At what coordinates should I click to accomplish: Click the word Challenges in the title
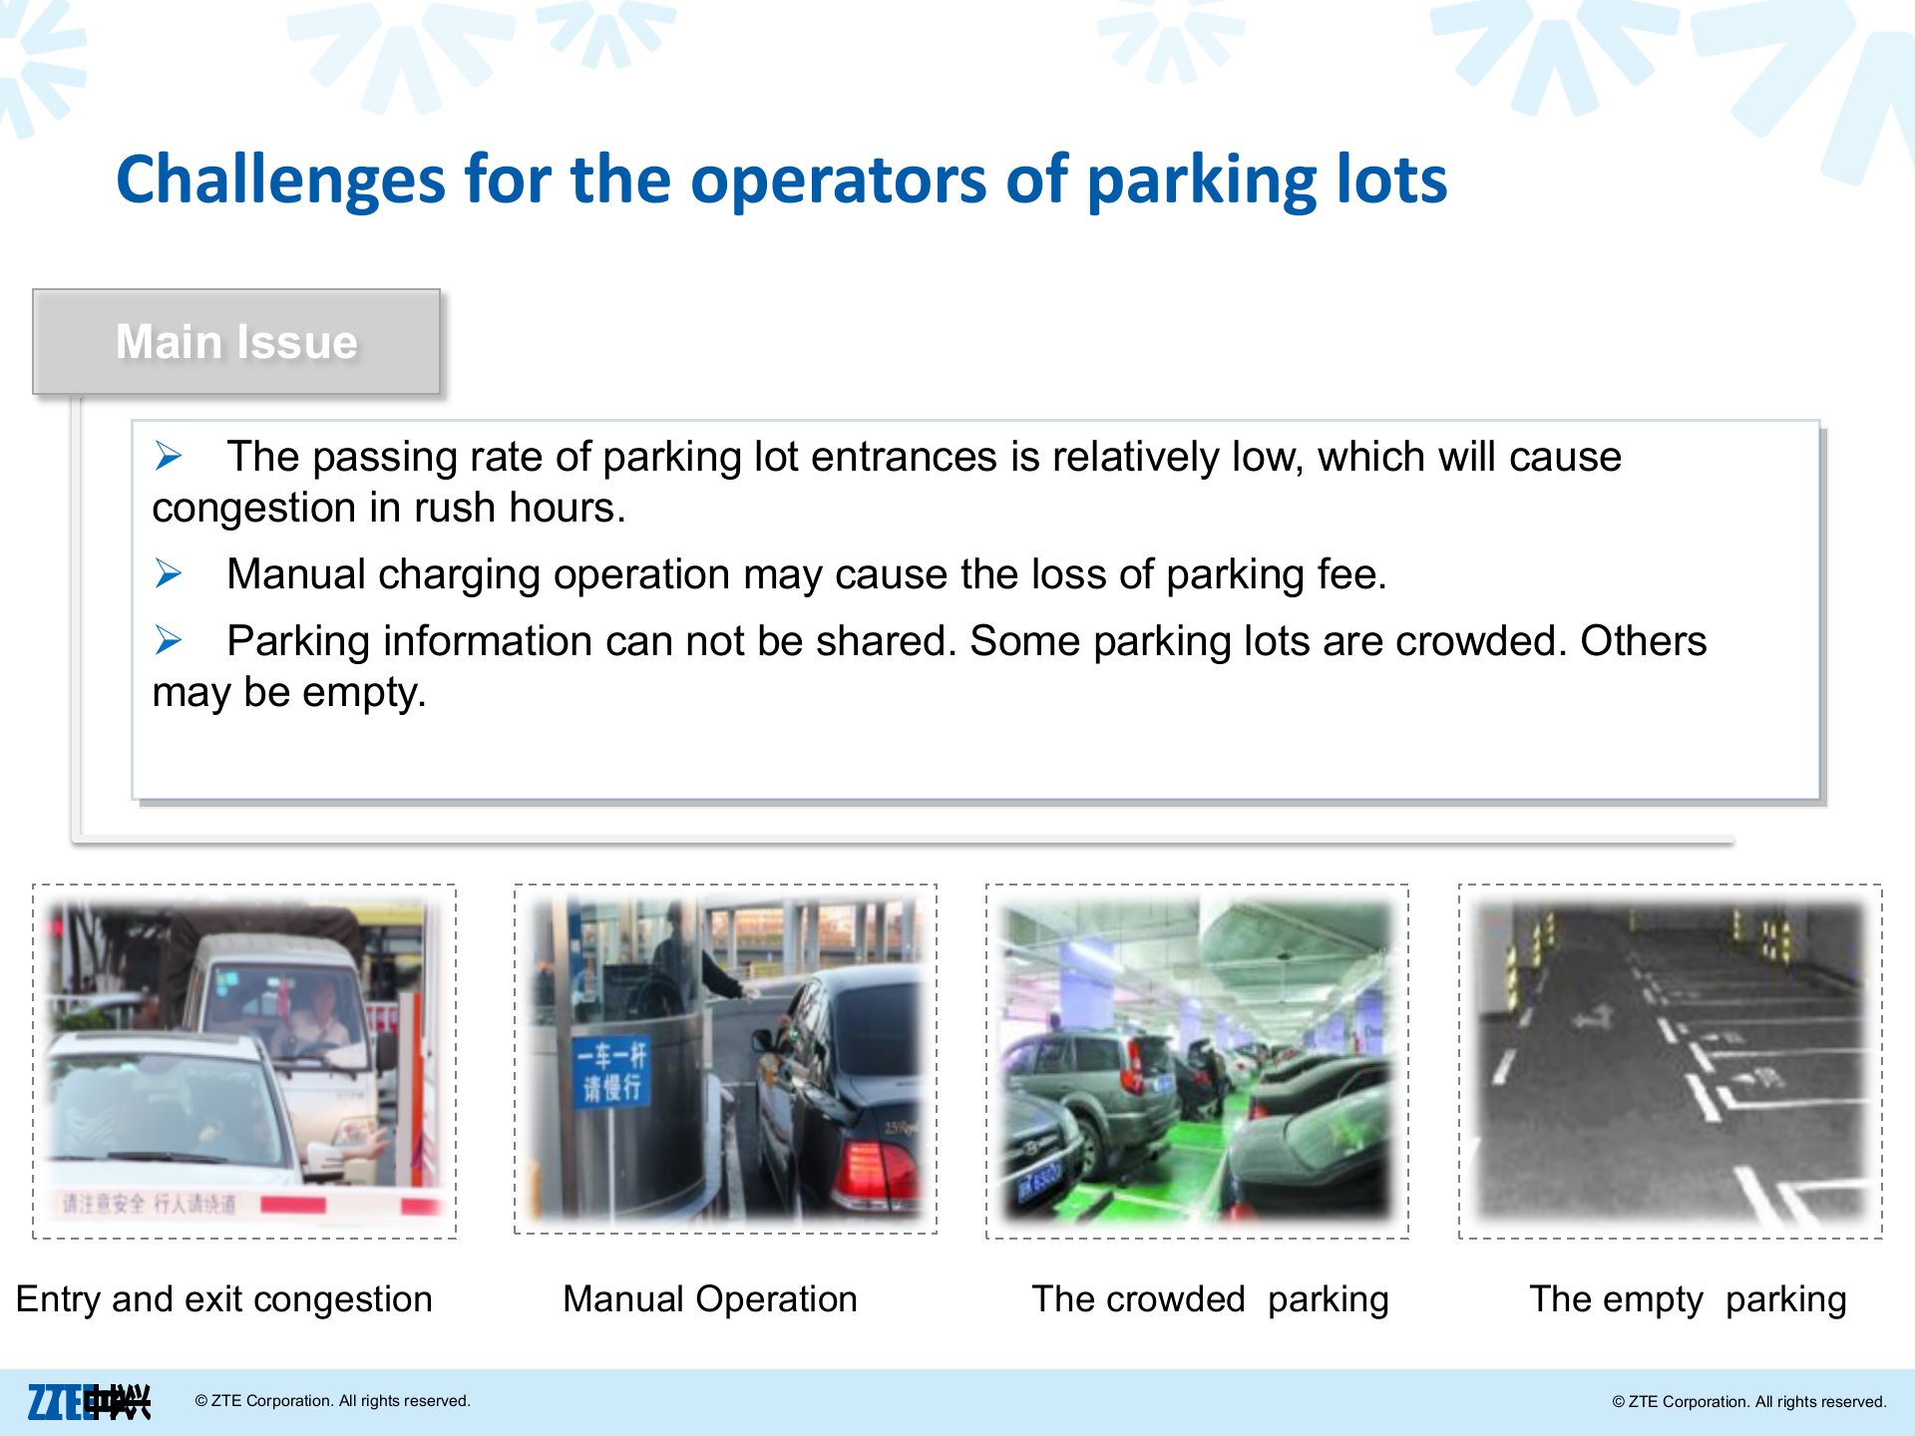tap(279, 181)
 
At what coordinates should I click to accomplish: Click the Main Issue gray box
tap(236, 342)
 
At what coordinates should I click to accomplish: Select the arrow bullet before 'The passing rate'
tap(169, 457)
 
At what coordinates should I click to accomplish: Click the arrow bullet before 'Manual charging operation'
tap(169, 573)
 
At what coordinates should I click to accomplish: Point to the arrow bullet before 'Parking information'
tap(169, 640)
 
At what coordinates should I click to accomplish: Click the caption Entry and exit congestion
tap(224, 1299)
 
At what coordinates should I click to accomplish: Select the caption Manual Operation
tap(709, 1299)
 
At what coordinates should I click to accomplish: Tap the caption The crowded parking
tap(1209, 1299)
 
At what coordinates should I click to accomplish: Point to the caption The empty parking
tap(1688, 1299)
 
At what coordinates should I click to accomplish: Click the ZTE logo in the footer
tap(88, 1402)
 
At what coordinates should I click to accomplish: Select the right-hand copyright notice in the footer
tap(1748, 1402)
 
